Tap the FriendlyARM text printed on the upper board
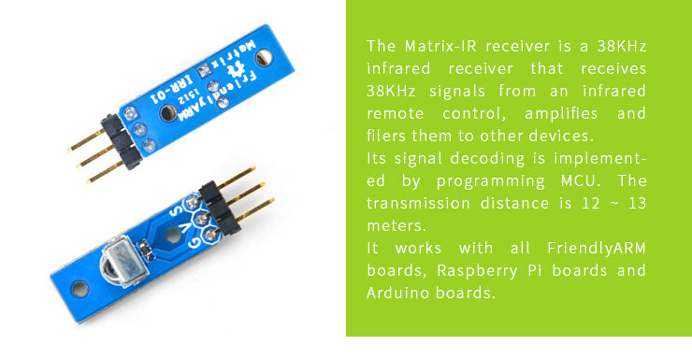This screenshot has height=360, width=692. click(x=213, y=81)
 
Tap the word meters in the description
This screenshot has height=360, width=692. click(x=396, y=225)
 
